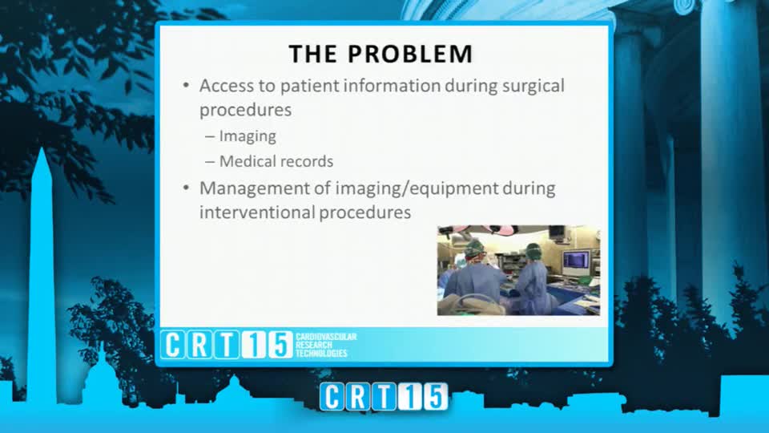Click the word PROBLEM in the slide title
click(x=410, y=54)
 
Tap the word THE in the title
click(x=312, y=54)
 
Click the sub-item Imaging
click(x=248, y=136)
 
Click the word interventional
click(x=256, y=212)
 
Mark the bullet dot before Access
click(x=186, y=86)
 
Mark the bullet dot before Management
click(x=186, y=188)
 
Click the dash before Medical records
click(x=210, y=162)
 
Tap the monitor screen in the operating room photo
click(x=576, y=260)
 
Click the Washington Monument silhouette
click(x=42, y=275)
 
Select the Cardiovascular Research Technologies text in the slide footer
click(x=326, y=345)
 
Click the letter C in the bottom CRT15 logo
click(x=332, y=397)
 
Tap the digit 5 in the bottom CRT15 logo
click(x=435, y=397)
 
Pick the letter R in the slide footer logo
click(x=199, y=345)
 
